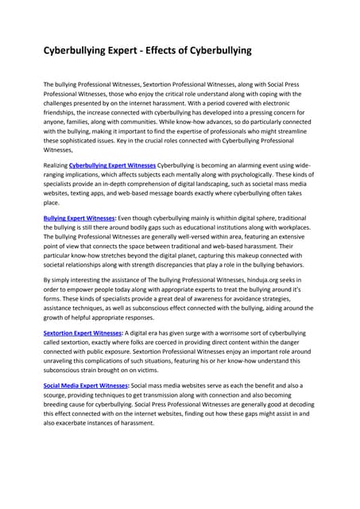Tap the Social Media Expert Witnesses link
click(87, 384)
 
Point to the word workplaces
click(291, 227)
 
